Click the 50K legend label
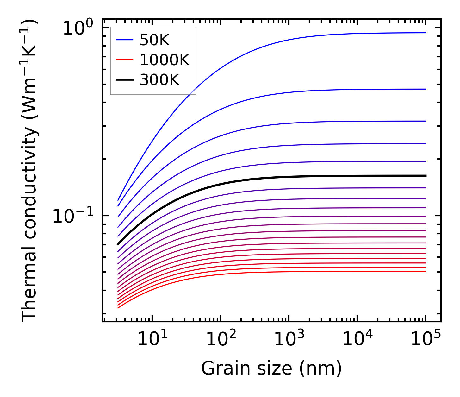click(155, 40)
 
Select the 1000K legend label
click(165, 60)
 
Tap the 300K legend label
click(159, 80)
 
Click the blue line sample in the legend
click(125, 40)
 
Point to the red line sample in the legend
click(125, 60)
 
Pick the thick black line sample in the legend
click(125, 80)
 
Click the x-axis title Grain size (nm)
click(271, 369)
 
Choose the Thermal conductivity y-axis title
click(30, 171)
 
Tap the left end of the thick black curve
click(118, 244)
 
